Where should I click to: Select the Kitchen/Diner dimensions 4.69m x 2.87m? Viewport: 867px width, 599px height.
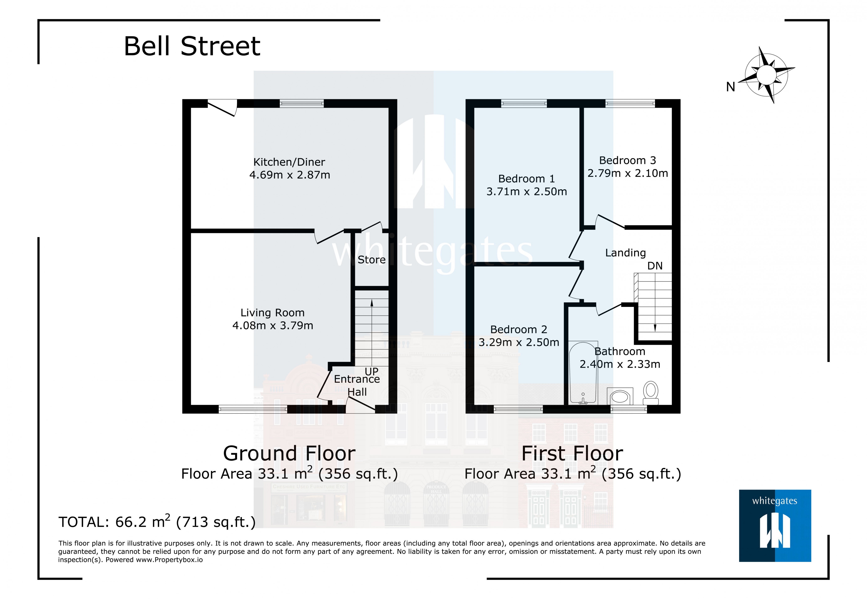pos(289,175)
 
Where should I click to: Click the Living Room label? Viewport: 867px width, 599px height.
pos(272,313)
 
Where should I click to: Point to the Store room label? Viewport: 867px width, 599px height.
pos(371,260)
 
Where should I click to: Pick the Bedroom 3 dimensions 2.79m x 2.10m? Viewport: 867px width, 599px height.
pos(627,173)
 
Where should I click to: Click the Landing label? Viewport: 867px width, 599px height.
pos(625,253)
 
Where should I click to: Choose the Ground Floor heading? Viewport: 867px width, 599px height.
pos(289,453)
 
